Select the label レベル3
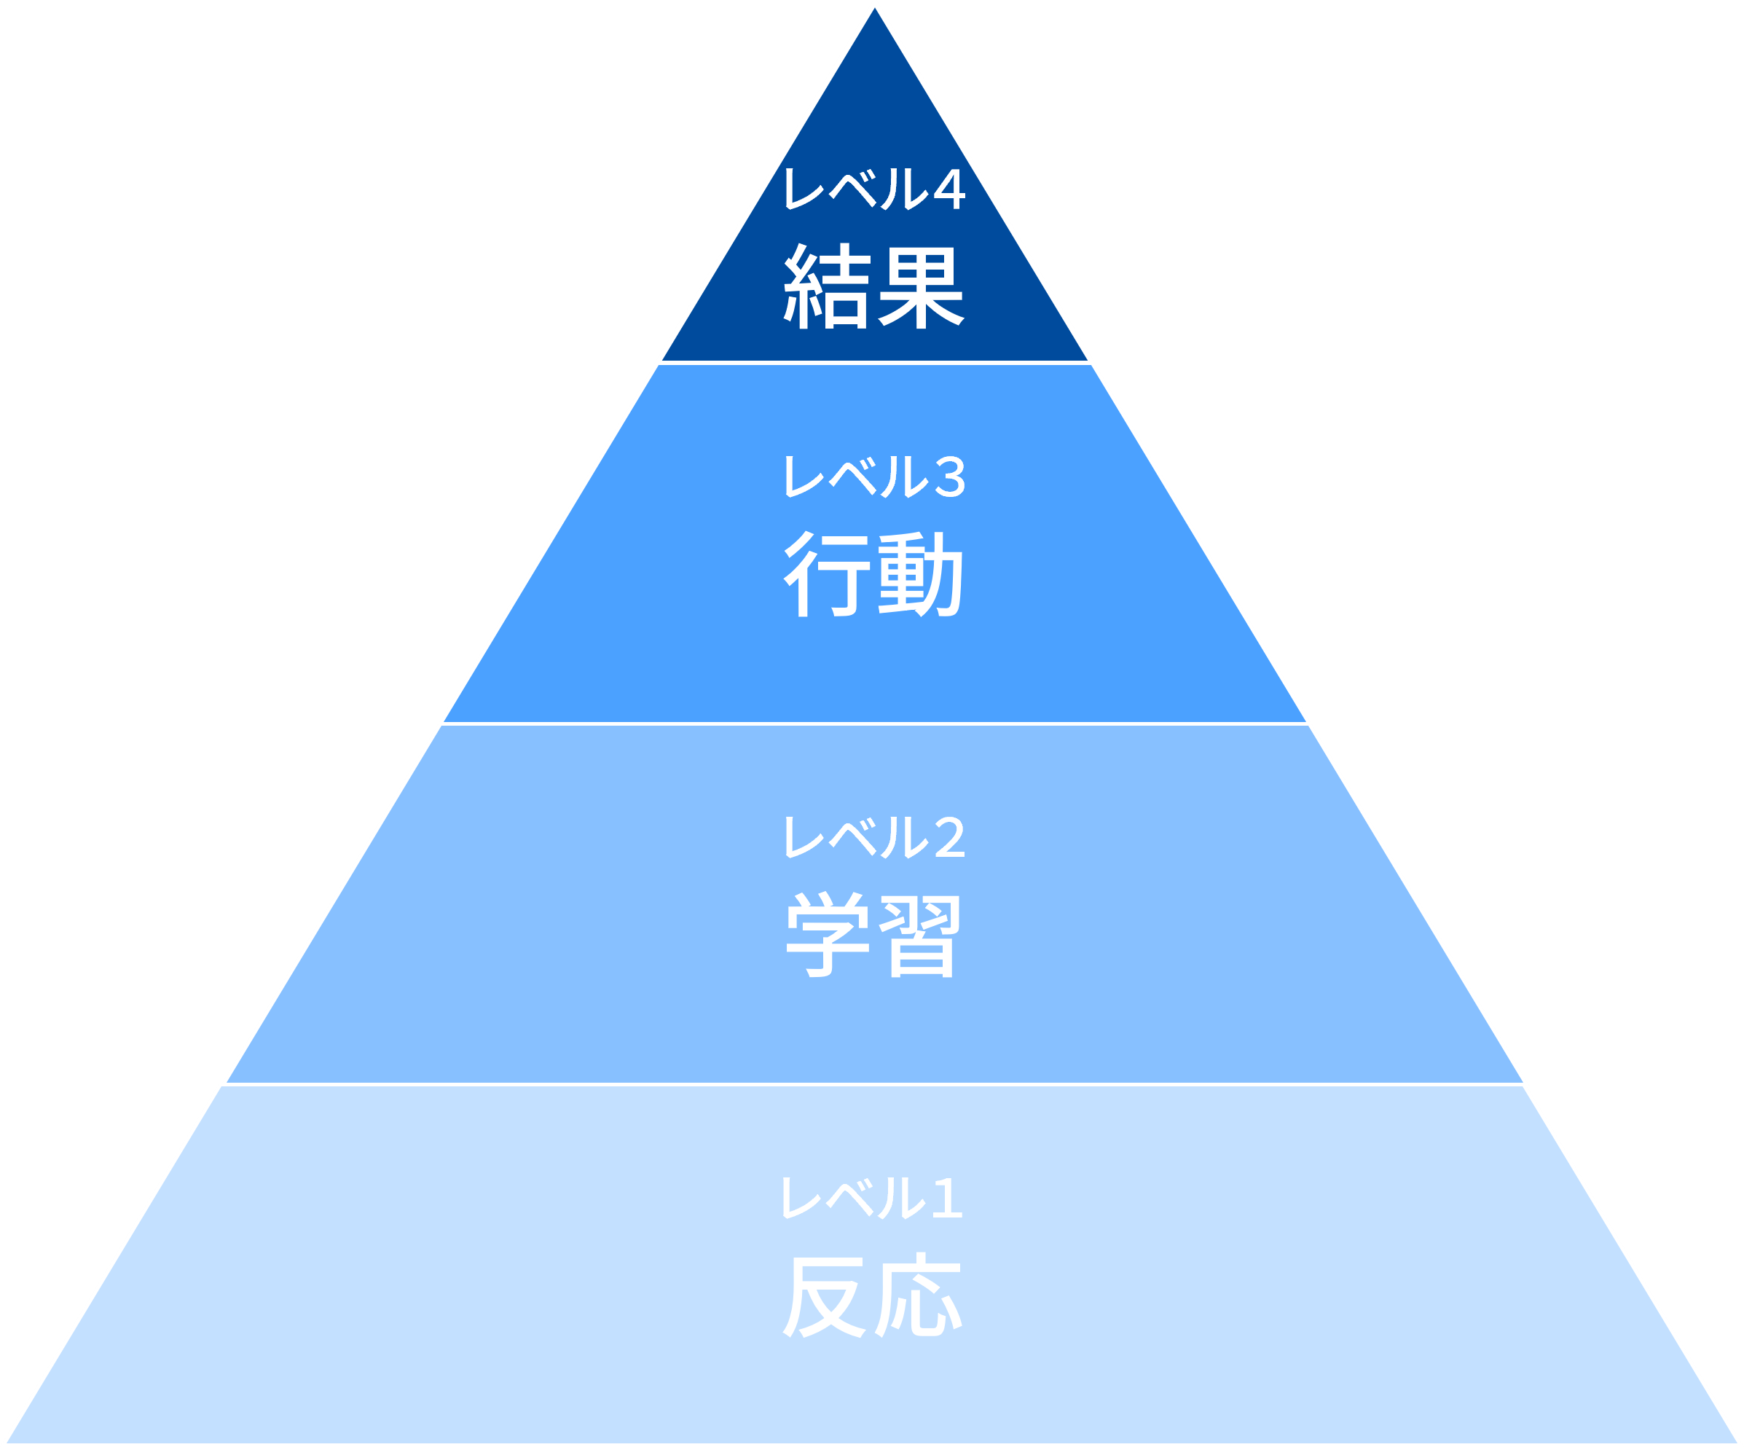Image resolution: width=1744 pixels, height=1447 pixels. click(873, 476)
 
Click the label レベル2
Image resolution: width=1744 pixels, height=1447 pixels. click(873, 836)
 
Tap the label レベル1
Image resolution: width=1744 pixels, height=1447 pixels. click(871, 1197)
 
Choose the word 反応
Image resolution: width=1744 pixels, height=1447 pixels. click(872, 1295)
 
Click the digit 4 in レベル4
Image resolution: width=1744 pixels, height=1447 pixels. click(948, 189)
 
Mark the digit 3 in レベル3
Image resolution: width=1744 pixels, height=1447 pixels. click(950, 477)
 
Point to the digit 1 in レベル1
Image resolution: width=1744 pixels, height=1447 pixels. click(948, 1198)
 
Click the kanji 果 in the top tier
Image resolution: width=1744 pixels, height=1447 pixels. click(920, 286)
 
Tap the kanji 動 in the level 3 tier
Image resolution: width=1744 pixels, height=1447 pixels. click(920, 574)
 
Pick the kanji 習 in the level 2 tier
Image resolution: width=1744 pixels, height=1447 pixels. click(920, 935)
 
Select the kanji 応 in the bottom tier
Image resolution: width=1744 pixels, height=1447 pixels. click(919, 1295)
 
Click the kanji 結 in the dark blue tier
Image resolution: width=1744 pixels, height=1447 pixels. click(826, 286)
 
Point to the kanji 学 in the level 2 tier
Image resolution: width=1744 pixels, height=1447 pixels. click(827, 935)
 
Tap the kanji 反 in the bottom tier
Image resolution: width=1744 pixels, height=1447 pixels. click(825, 1295)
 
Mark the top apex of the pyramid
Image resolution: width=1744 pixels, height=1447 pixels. click(874, 4)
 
